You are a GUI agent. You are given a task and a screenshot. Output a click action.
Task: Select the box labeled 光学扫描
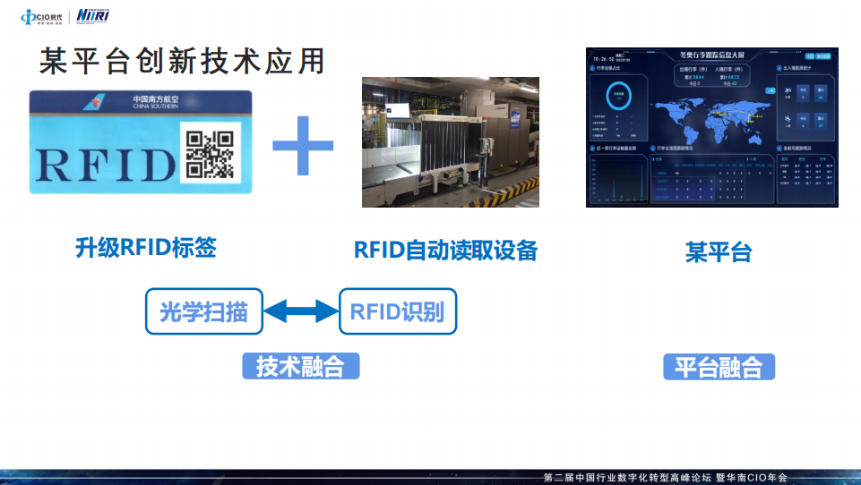coord(204,312)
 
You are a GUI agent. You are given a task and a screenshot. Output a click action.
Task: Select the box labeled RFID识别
coord(397,312)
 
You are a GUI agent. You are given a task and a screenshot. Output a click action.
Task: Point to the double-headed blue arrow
coord(300,312)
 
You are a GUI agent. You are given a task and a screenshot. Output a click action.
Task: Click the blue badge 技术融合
coord(301,366)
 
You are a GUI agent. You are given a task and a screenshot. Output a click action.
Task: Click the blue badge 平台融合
coord(719,367)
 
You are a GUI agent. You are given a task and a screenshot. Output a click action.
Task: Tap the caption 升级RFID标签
coord(145,248)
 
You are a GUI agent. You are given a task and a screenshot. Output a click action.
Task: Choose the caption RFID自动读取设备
coord(445,250)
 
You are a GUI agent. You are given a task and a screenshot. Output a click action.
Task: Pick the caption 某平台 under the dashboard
coord(719,252)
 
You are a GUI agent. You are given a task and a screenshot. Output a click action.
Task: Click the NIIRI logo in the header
coord(94,16)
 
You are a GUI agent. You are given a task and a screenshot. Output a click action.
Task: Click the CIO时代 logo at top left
coord(41,16)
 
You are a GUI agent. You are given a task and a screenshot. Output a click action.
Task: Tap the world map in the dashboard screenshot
coord(708,111)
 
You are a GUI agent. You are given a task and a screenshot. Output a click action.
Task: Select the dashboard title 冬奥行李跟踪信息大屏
coord(713,54)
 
